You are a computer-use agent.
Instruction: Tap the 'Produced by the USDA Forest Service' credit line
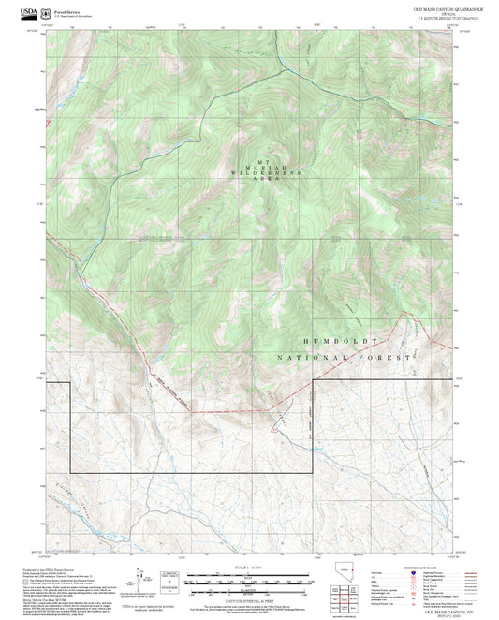(54, 567)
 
